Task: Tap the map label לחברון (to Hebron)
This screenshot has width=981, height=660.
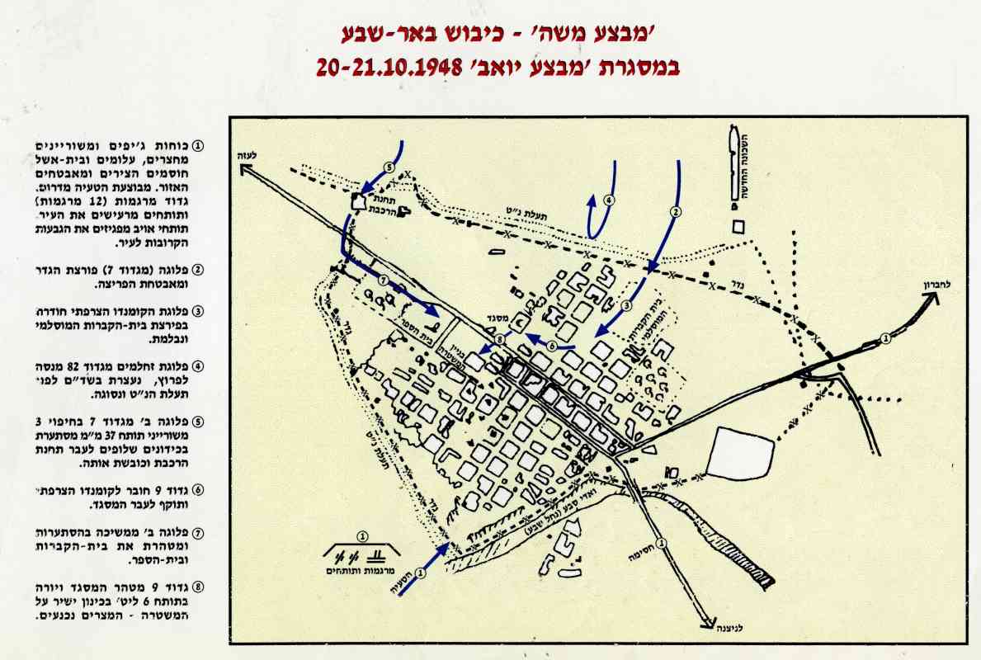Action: (x=937, y=285)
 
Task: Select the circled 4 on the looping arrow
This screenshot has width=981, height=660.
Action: (x=609, y=200)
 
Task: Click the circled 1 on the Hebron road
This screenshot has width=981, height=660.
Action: (x=885, y=337)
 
